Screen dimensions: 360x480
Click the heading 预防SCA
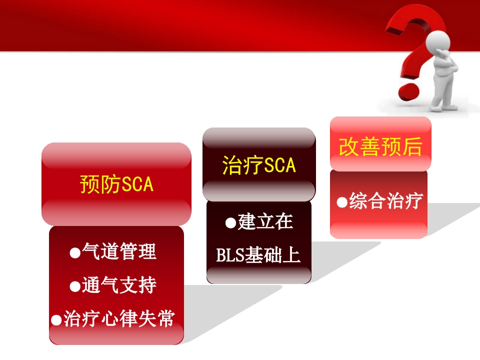pyautogui.click(x=116, y=184)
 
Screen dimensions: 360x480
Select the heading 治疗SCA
pyautogui.click(x=259, y=165)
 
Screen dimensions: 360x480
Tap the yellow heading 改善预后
pyautogui.click(x=380, y=146)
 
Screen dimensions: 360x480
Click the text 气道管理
pyautogui.click(x=119, y=252)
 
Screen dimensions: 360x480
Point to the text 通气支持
pyautogui.click(x=119, y=285)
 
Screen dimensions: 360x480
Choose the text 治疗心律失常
pyautogui.click(x=119, y=318)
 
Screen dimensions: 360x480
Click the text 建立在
pyautogui.click(x=265, y=222)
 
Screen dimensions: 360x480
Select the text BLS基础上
pyautogui.click(x=258, y=255)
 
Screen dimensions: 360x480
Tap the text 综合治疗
pyautogui.click(x=385, y=201)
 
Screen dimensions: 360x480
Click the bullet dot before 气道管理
pyautogui.click(x=75, y=253)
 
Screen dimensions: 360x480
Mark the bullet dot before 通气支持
pyautogui.click(x=75, y=286)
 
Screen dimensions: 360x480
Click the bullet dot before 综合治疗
pyautogui.click(x=342, y=202)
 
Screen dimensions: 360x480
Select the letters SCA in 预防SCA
pyautogui.click(x=137, y=184)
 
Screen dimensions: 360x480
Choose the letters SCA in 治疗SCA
pyautogui.click(x=279, y=165)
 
